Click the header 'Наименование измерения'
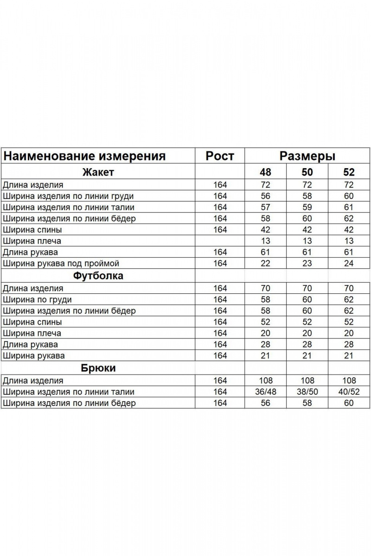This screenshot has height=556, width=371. (x=84, y=156)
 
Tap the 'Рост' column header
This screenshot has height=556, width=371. (x=220, y=156)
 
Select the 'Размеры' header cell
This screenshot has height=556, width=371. (x=307, y=156)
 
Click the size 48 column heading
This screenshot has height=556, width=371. (x=265, y=172)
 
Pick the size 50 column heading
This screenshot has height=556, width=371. (x=307, y=172)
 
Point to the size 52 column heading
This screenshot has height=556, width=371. (x=349, y=172)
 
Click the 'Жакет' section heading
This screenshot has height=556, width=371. (x=98, y=172)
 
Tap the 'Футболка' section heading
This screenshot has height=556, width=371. (x=98, y=276)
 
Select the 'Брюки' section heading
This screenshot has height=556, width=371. (x=98, y=368)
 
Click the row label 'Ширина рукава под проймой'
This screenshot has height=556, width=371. (x=61, y=264)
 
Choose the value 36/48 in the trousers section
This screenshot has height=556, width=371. (x=265, y=392)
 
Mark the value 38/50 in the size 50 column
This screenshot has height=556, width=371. (x=307, y=392)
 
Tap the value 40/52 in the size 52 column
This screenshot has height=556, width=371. (x=349, y=392)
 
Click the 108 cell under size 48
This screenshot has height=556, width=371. (x=265, y=381)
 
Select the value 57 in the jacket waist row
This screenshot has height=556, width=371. (x=265, y=207)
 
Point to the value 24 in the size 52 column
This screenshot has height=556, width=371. (x=349, y=264)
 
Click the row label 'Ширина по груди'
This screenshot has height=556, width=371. (x=38, y=300)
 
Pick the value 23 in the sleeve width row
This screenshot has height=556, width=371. (x=307, y=264)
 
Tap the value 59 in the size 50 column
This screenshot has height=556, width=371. (x=307, y=207)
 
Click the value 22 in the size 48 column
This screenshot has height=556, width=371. (x=265, y=264)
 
